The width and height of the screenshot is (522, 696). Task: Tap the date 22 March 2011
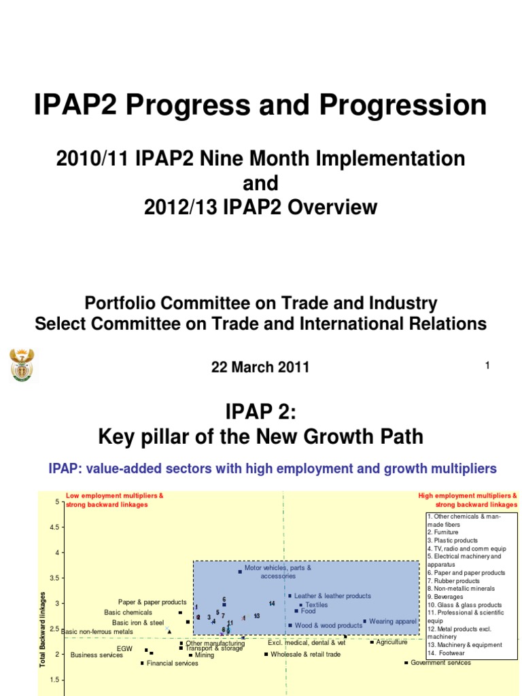click(260, 367)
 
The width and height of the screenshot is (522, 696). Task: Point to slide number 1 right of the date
click(487, 366)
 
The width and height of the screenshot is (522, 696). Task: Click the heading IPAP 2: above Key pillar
click(260, 411)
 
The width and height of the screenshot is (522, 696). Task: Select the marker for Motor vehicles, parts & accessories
click(240, 572)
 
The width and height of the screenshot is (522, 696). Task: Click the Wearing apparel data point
click(365, 621)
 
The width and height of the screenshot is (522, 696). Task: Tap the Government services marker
click(406, 662)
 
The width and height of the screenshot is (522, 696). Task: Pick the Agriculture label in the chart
click(391, 642)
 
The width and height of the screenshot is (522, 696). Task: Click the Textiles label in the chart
click(316, 604)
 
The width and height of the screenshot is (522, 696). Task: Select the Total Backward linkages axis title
click(42, 629)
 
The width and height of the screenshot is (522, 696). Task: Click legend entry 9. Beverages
click(445, 597)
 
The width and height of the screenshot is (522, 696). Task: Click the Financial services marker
click(143, 663)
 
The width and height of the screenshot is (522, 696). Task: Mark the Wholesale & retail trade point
click(266, 654)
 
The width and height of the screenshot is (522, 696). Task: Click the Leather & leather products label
click(332, 596)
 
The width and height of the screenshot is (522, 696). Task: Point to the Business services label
click(97, 655)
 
